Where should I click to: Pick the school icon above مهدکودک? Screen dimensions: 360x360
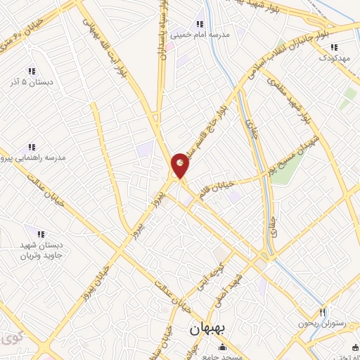point(335,47)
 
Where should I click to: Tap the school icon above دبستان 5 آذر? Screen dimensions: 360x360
point(31,70)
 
